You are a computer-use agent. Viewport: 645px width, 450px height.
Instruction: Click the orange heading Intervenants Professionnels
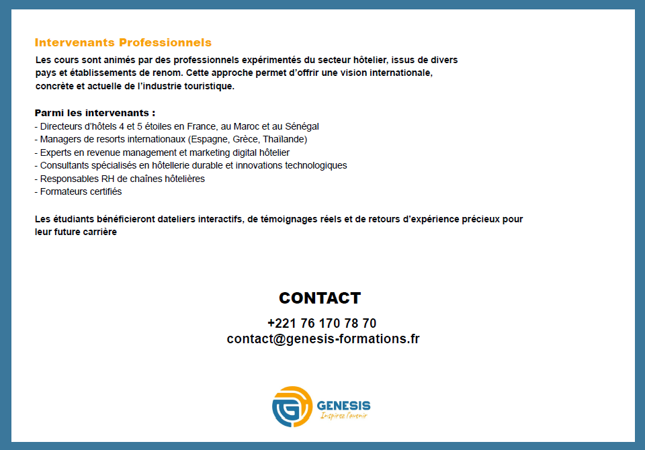(x=123, y=42)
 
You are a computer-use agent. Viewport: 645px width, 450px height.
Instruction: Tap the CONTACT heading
(x=320, y=298)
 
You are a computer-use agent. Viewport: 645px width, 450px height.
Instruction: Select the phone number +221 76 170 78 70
(x=322, y=323)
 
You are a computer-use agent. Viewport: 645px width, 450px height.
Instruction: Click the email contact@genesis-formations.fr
(x=323, y=339)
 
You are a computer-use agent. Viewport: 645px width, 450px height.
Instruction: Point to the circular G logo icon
(x=292, y=406)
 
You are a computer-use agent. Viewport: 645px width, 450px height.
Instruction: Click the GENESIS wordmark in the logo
(x=343, y=406)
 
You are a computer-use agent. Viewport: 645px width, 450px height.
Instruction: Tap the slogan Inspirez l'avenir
(x=344, y=416)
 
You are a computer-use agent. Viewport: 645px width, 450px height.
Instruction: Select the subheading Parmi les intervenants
(x=95, y=113)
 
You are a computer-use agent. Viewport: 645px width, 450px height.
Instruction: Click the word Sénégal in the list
(x=302, y=126)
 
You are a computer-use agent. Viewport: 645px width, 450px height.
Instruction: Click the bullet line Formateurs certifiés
(x=78, y=191)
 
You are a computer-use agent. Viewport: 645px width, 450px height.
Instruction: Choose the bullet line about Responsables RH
(x=120, y=179)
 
